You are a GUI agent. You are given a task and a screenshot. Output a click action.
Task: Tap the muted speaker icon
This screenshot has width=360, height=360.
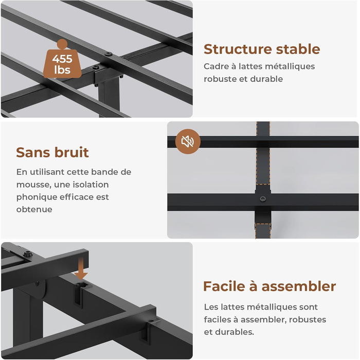(x=188, y=141)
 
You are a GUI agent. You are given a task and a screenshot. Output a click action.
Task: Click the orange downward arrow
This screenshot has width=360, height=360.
(x=81, y=268)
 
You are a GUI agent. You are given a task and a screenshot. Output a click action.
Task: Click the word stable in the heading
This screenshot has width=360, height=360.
(x=298, y=49)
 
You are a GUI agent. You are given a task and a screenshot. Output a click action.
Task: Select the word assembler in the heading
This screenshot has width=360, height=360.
(x=299, y=286)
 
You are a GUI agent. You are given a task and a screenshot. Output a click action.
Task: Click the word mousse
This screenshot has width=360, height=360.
(x=34, y=185)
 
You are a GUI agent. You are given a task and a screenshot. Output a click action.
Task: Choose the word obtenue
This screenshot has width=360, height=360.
(x=34, y=209)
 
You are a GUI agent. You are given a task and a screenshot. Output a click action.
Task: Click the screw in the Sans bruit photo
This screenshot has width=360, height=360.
(x=263, y=199)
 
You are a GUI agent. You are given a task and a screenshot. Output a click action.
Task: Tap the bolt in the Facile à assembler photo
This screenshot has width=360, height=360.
(x=27, y=254)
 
